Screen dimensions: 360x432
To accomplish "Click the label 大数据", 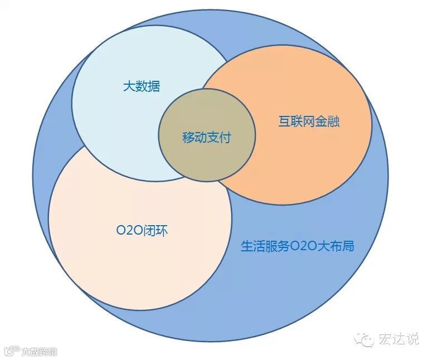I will [142, 87].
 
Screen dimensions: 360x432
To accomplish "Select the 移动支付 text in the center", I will [206, 138].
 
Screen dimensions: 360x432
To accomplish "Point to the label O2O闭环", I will [142, 231].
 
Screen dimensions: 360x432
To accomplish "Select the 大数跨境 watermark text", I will [40, 352].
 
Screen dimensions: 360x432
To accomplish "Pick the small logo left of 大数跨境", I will [11, 352].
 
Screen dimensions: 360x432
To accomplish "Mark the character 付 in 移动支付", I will [225, 138].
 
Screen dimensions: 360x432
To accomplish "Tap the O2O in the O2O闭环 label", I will [129, 231].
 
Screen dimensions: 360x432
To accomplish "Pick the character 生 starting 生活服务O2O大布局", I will [246, 246].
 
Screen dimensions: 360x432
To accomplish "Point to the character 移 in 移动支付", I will [188, 138].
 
